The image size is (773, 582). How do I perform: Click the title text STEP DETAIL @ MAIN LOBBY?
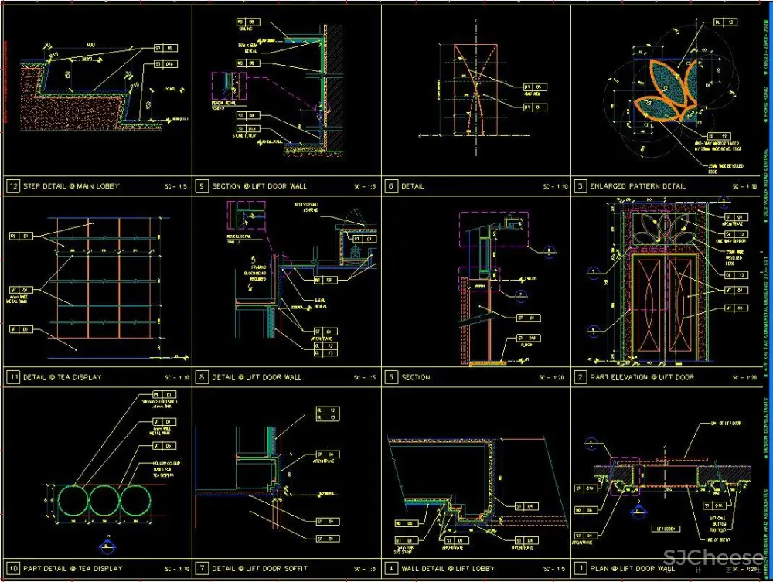pyautogui.click(x=71, y=186)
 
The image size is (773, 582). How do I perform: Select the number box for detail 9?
pyautogui.click(x=202, y=186)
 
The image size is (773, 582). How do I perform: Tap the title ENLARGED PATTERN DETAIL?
pyautogui.click(x=638, y=186)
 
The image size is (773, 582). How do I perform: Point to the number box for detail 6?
pyautogui.click(x=391, y=186)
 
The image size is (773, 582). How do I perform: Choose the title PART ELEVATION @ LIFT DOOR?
pyautogui.click(x=642, y=377)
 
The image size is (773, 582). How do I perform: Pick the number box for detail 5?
pyautogui.click(x=391, y=377)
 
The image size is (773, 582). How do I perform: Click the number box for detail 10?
pyautogui.click(x=12, y=568)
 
